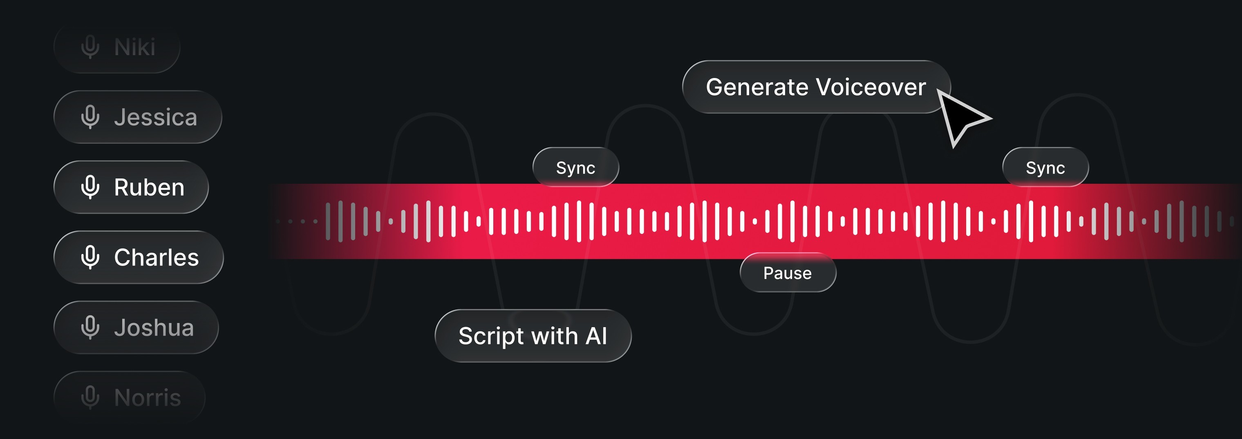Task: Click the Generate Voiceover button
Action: (816, 87)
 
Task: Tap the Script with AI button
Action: (533, 336)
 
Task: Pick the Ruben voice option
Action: (131, 187)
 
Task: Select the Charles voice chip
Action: (139, 257)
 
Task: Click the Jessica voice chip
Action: (137, 117)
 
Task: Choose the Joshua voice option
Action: (136, 328)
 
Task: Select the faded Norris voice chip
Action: (129, 398)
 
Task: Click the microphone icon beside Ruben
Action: (90, 187)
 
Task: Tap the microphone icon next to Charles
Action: (90, 257)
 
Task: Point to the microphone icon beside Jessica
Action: (90, 117)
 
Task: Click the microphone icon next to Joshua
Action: (90, 328)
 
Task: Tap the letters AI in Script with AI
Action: (596, 336)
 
